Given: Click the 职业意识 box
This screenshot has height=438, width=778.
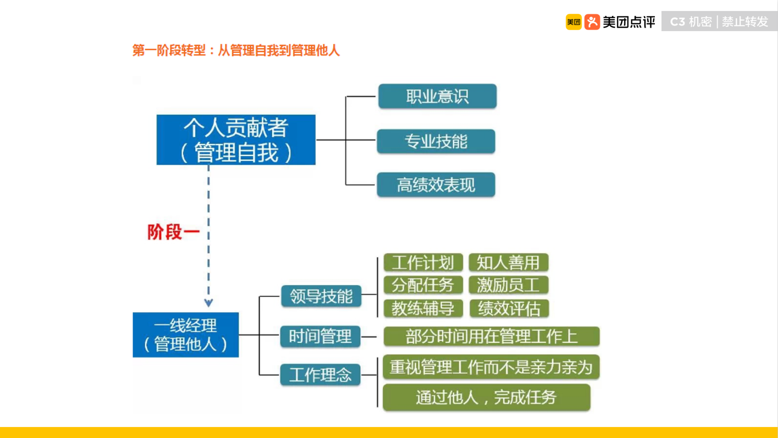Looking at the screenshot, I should click(437, 96).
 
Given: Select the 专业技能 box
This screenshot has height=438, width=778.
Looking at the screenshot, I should click(436, 141).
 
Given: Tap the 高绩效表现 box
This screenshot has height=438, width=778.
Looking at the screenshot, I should click(436, 185).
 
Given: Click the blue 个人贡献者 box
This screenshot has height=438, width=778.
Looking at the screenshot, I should click(236, 140).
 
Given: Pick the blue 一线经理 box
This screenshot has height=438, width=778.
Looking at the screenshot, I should click(186, 335).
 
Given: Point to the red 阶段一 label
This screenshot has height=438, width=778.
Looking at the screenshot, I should click(173, 232).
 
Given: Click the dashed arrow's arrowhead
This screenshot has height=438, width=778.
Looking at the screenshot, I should click(208, 303).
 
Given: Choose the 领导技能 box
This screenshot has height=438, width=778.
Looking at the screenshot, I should click(321, 296).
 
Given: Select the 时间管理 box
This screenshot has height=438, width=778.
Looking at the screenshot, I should click(320, 336).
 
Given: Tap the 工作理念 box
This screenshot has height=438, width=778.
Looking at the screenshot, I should click(320, 375).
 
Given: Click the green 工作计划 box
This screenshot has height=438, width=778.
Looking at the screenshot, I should click(423, 263).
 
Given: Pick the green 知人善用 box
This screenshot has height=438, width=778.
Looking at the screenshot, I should click(508, 263).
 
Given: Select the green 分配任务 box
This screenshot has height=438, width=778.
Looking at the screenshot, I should click(423, 285).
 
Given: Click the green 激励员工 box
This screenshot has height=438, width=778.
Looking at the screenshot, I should click(508, 285).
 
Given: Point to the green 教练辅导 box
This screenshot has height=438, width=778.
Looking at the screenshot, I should click(423, 308).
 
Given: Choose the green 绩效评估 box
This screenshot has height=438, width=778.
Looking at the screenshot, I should click(509, 308).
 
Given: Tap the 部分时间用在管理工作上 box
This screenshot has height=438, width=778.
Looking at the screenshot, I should click(491, 336).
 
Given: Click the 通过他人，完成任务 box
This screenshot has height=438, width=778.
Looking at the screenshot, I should click(486, 397).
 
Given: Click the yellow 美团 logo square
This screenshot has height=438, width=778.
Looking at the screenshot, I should click(573, 22).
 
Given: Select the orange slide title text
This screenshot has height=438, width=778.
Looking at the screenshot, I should click(236, 51).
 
